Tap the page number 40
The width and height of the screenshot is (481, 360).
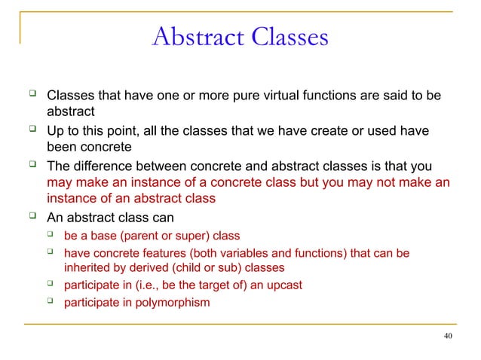pyautogui.click(x=448, y=335)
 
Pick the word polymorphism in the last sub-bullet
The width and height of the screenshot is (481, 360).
pyautogui.click(x=176, y=303)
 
